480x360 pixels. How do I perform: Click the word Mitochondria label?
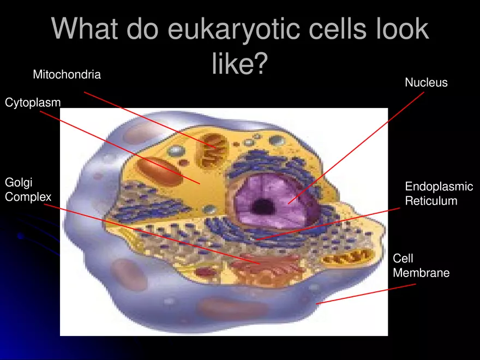(x=67, y=75)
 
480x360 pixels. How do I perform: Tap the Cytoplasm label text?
(x=33, y=103)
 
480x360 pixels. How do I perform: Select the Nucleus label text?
(x=426, y=83)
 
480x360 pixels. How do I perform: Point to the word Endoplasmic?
(x=439, y=187)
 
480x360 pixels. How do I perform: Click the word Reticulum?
(x=431, y=201)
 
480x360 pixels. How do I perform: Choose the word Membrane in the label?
(x=421, y=273)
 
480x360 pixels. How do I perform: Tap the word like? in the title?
(x=239, y=63)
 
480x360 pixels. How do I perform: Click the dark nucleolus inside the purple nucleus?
(x=263, y=206)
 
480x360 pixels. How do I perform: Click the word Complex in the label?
(x=28, y=197)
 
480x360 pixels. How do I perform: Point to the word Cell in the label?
(x=403, y=259)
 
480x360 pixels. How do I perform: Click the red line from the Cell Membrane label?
(x=365, y=293)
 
